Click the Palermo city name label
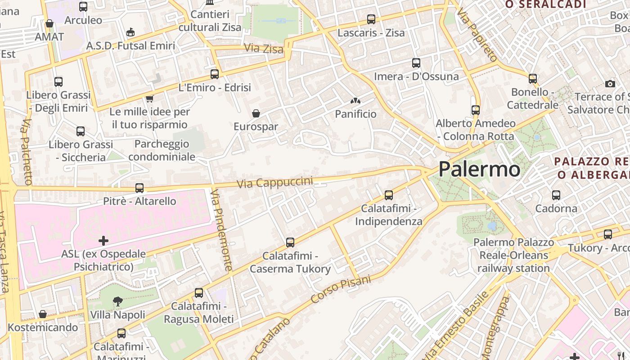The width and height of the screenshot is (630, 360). point(479,169)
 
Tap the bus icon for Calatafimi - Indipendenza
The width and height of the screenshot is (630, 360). point(389,195)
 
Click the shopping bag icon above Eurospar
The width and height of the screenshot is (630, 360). point(256,113)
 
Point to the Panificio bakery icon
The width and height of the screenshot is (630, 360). point(355,101)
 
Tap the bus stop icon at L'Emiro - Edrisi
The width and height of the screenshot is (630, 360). point(215,74)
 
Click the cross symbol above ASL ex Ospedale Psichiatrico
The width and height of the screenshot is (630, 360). point(103,241)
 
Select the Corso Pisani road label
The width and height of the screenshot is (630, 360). point(341,289)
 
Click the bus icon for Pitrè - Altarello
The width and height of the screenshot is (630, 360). point(139,188)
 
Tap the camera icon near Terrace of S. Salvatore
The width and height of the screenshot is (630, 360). point(610,84)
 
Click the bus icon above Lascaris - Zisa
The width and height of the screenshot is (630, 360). point(371,19)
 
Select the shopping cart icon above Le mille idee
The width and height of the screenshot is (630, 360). point(149,98)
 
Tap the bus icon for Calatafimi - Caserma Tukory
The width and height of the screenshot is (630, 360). point(290,243)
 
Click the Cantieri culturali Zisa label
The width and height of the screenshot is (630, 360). point(210,21)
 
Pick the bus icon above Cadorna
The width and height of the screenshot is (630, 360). point(556,195)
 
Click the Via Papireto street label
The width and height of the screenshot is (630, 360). point(477,34)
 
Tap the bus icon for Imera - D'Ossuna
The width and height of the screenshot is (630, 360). point(416,63)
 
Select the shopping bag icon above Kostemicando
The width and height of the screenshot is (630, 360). point(43,314)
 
